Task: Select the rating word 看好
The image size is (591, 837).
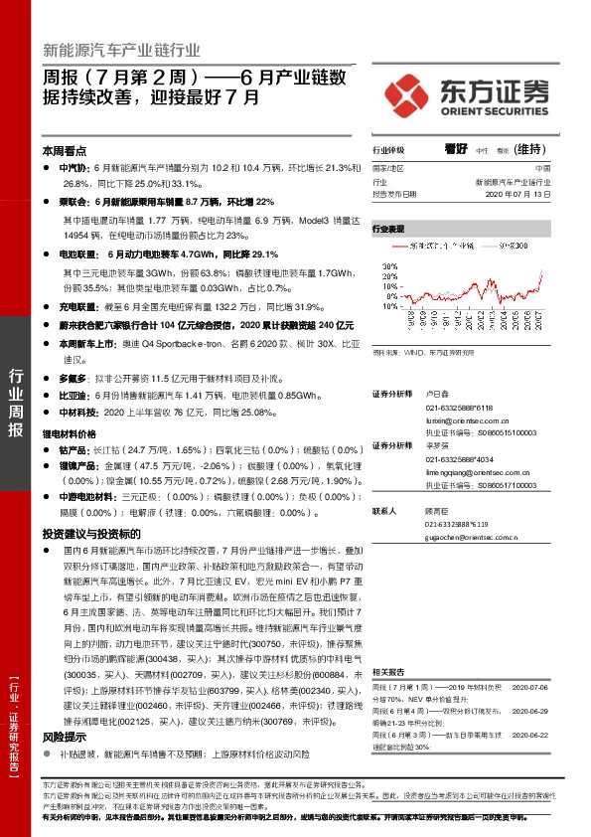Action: [x=456, y=148]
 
